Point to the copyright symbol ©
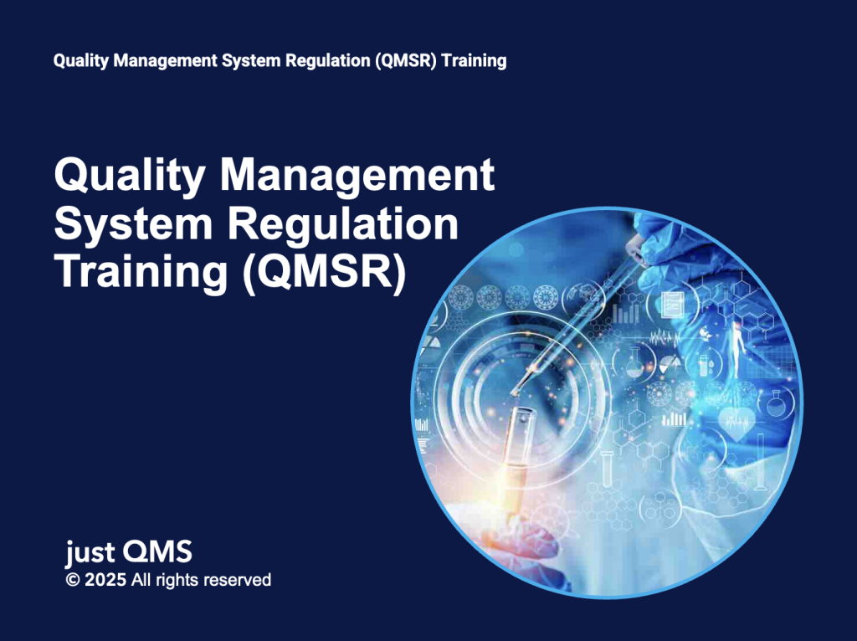[x=72, y=580]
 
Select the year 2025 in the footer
[x=104, y=580]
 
